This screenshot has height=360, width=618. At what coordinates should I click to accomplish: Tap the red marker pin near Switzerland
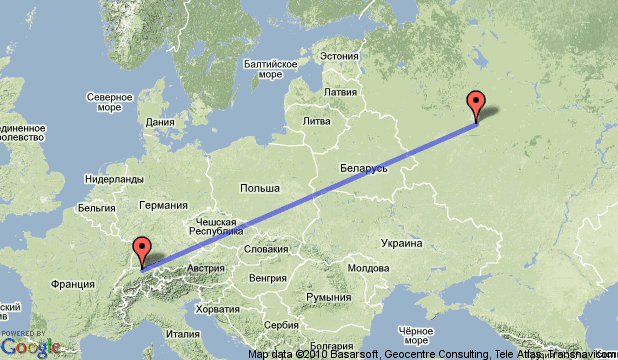click(143, 250)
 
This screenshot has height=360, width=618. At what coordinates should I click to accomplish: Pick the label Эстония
click(339, 56)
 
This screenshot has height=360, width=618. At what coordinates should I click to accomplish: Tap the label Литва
click(315, 121)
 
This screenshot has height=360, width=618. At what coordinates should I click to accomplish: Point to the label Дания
click(160, 123)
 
